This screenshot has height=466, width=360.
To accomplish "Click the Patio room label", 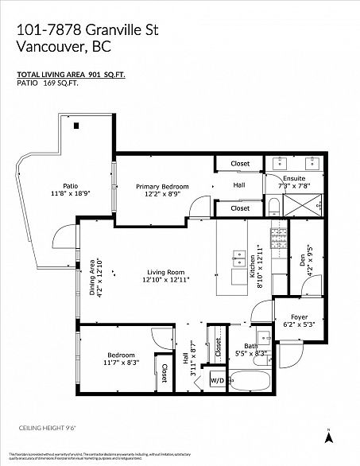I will (x=70, y=185).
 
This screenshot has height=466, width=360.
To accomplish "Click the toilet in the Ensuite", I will (x=273, y=208).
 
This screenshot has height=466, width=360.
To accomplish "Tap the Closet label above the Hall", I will (x=240, y=164).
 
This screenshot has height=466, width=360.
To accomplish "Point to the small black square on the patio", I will (x=76, y=126).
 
